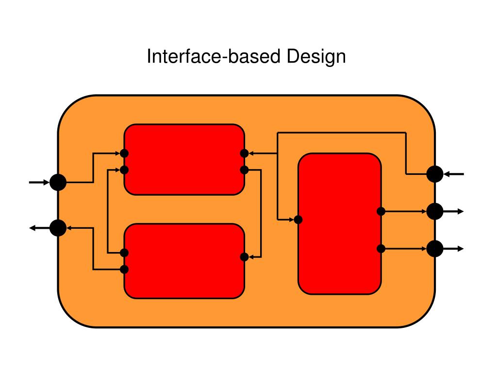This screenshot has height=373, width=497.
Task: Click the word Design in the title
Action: tap(316, 57)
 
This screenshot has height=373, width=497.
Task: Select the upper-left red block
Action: tap(184, 159)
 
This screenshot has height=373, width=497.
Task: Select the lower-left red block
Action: tap(184, 261)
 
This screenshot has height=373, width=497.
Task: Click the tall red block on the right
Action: tap(339, 223)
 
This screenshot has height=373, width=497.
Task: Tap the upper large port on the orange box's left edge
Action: tap(58, 183)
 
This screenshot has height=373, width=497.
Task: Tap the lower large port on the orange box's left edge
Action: tap(58, 227)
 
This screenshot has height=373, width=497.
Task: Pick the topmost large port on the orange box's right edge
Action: tap(435, 173)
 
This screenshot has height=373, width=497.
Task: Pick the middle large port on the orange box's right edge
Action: tap(435, 211)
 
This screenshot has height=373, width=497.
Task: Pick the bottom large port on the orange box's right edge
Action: tap(435, 249)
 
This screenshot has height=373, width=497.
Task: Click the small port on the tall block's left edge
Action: tap(298, 220)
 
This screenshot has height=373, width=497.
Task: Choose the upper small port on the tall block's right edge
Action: tap(381, 211)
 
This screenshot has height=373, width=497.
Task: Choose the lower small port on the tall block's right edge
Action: tap(381, 249)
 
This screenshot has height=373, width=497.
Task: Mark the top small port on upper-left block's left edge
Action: tap(124, 153)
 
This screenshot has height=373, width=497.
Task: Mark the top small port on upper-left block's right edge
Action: tap(245, 153)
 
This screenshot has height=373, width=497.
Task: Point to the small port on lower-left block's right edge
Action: tap(245, 257)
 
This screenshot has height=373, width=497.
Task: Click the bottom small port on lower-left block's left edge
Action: tap(124, 269)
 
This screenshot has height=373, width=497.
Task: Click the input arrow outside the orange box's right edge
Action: tap(454, 173)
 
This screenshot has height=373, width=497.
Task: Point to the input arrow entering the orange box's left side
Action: tap(39, 183)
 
